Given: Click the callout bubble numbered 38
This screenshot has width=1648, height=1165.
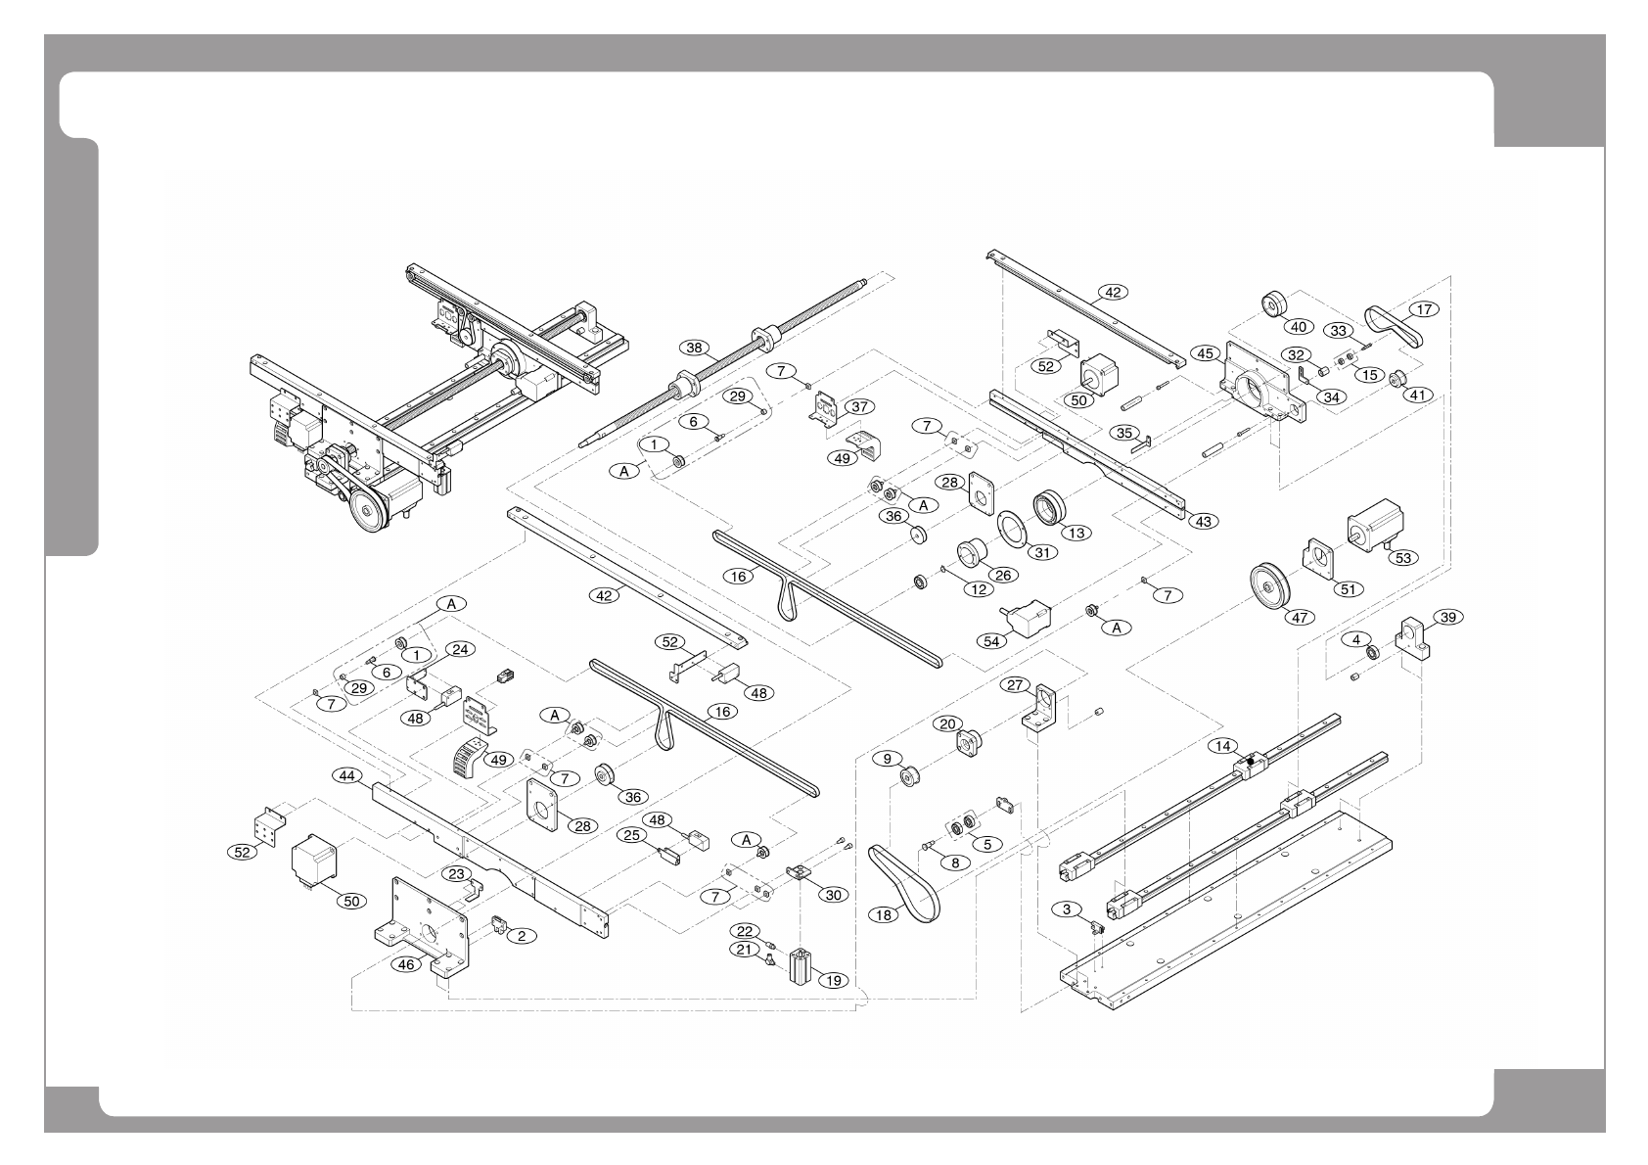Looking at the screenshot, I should (x=694, y=348).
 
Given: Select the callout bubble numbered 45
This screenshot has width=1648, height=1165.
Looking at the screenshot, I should (x=1205, y=352).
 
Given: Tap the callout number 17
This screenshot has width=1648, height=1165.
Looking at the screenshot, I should (x=1424, y=309).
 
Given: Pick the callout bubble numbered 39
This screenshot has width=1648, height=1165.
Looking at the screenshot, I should (x=1448, y=617).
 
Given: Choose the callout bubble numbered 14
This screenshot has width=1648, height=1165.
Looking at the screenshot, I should (x=1222, y=746).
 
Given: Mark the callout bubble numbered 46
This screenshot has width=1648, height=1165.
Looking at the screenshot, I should (x=407, y=964).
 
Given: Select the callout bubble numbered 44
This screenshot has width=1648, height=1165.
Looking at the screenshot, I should (x=345, y=775).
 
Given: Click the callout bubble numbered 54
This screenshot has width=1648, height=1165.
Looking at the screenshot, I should (x=992, y=640).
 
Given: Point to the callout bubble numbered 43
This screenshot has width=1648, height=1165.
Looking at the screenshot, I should (x=1204, y=521).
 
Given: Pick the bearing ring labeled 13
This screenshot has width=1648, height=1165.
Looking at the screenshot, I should (x=1050, y=507).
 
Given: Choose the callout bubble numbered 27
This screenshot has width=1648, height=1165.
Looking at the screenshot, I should (x=1014, y=686).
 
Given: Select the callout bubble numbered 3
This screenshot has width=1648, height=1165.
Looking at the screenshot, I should (x=1067, y=909).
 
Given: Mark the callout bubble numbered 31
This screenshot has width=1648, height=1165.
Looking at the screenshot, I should (x=1042, y=552).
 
